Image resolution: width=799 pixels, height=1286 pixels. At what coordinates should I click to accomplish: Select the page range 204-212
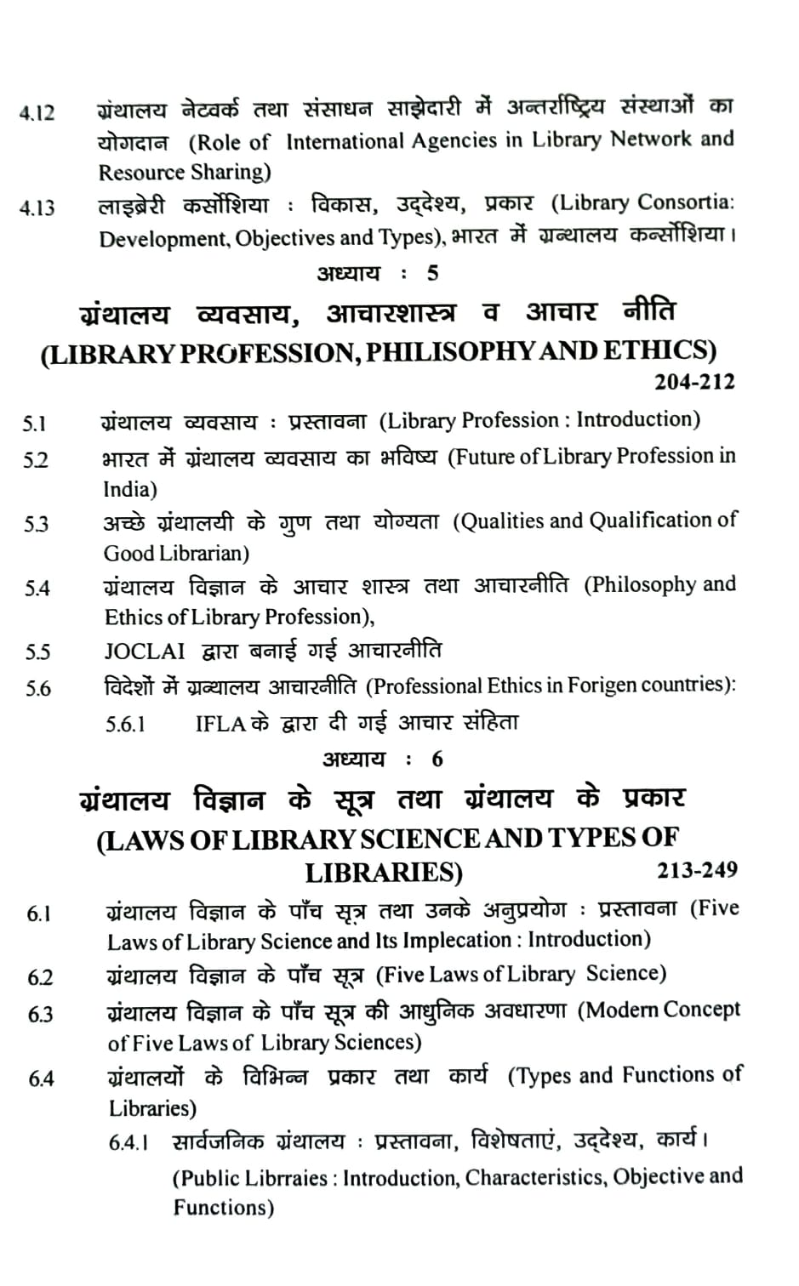693,382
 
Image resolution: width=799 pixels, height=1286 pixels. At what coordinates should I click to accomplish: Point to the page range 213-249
697,870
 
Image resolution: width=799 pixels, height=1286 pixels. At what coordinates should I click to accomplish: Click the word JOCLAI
144,652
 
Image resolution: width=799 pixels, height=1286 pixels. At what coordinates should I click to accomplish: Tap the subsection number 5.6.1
125,724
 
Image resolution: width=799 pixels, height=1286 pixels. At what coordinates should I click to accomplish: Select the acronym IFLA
220,724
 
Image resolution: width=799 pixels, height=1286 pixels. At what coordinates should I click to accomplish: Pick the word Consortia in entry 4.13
686,202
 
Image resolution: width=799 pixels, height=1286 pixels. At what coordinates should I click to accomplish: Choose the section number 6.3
40,1015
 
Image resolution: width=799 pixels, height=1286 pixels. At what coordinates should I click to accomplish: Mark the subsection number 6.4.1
128,1143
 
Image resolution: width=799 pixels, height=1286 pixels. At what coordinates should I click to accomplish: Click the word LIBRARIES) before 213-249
384,873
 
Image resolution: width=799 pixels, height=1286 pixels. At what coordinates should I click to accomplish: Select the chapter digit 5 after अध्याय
433,273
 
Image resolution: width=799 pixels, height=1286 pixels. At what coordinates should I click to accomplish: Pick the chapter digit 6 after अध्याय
437,760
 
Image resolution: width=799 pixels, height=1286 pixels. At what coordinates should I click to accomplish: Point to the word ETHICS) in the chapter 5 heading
659,350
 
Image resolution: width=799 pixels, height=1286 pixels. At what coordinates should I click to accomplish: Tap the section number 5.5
37,653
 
